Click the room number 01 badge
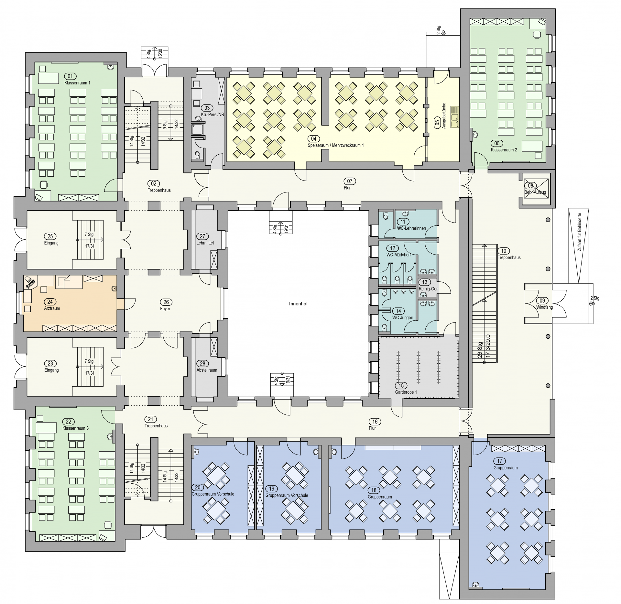pos(70,76)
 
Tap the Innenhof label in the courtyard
pos(298,304)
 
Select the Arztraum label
pos(52,308)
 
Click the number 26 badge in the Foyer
pos(166,302)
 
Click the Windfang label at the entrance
pos(544,307)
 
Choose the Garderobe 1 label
pos(406,392)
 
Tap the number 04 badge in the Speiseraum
pos(313,139)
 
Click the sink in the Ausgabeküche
pos(455,117)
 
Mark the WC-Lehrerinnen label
pos(411,228)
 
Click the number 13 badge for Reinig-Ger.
pos(425,282)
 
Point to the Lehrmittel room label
pos(205,243)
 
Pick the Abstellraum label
pos(207,370)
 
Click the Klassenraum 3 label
pos(75,428)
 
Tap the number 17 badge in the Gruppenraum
pos(500,461)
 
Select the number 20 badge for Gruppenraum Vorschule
pos(198,487)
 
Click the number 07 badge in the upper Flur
pos(350,181)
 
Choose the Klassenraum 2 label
pos(504,150)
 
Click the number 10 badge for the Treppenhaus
pos(504,251)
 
